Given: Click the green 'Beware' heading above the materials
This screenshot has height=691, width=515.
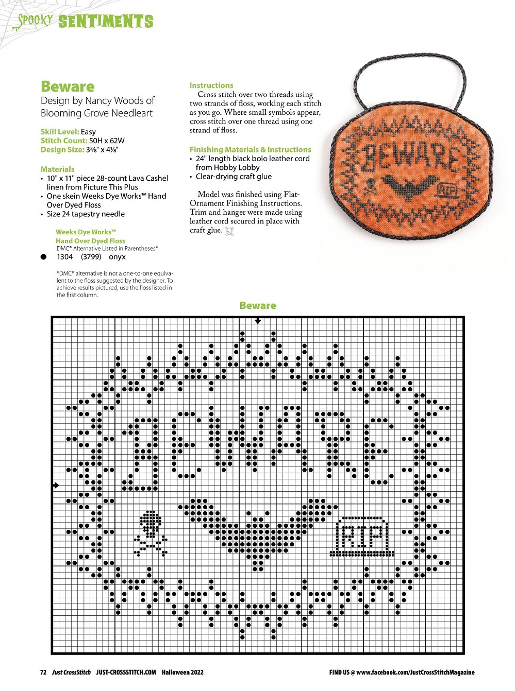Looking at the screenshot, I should click(68, 87).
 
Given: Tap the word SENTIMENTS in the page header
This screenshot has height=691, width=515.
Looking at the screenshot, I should click(106, 21).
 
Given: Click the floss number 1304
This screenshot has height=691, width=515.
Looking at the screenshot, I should click(65, 256).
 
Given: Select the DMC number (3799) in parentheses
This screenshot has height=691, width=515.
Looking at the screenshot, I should click(91, 256).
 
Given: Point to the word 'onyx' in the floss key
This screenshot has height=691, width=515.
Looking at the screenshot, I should click(117, 256).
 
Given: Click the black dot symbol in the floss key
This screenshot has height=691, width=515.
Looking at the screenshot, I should click(44, 256).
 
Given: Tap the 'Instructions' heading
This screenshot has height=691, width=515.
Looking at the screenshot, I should click(211, 85).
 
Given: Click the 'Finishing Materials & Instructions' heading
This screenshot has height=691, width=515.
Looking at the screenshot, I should click(250, 149).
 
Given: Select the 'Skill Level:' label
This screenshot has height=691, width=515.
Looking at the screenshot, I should click(60, 131).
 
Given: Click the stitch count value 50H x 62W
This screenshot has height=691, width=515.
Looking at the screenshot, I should click(107, 141).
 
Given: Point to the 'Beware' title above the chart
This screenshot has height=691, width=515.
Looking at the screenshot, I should click(258, 305).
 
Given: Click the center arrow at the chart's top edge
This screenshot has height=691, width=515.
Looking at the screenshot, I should click(258, 321).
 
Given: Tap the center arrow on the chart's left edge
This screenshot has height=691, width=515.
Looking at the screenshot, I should click(56, 485).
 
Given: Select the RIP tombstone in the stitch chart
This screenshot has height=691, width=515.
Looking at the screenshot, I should click(362, 537).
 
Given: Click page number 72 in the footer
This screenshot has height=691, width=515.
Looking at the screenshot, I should click(43, 672).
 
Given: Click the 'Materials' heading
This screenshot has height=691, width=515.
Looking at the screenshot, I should click(57, 169).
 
